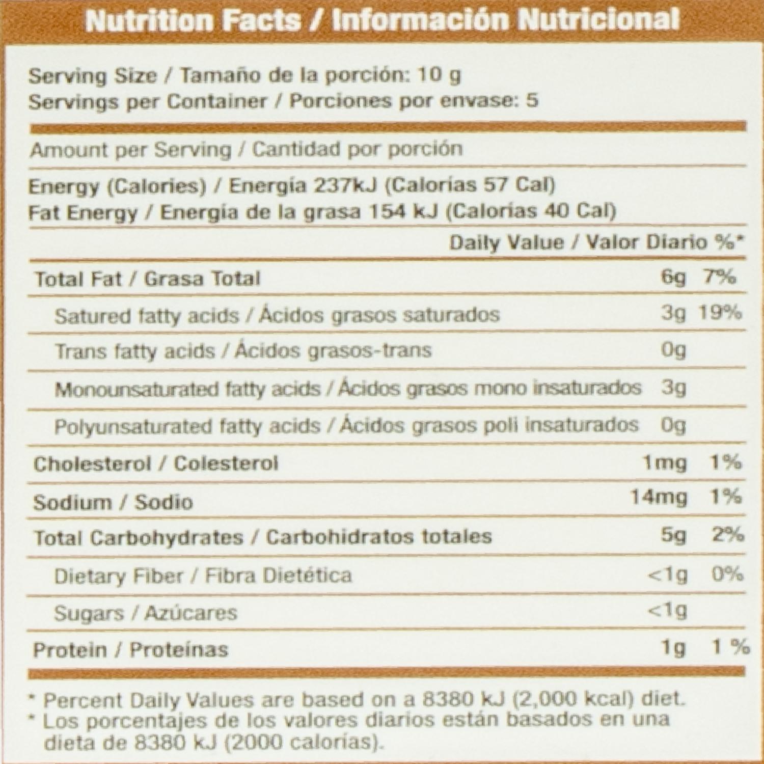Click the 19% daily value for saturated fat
719,313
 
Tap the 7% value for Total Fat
719,277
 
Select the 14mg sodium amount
658,497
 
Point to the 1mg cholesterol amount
665,463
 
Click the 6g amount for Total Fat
673,278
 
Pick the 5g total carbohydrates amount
673,535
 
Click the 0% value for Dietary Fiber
727,574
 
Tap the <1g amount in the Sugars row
667,610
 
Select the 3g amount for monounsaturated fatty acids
673,388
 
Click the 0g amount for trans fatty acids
673,350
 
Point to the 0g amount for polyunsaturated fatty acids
673,425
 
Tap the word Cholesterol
92,463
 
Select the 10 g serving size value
439,75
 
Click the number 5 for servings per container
532,100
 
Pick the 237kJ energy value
345,185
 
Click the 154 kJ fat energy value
405,211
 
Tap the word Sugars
89,613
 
